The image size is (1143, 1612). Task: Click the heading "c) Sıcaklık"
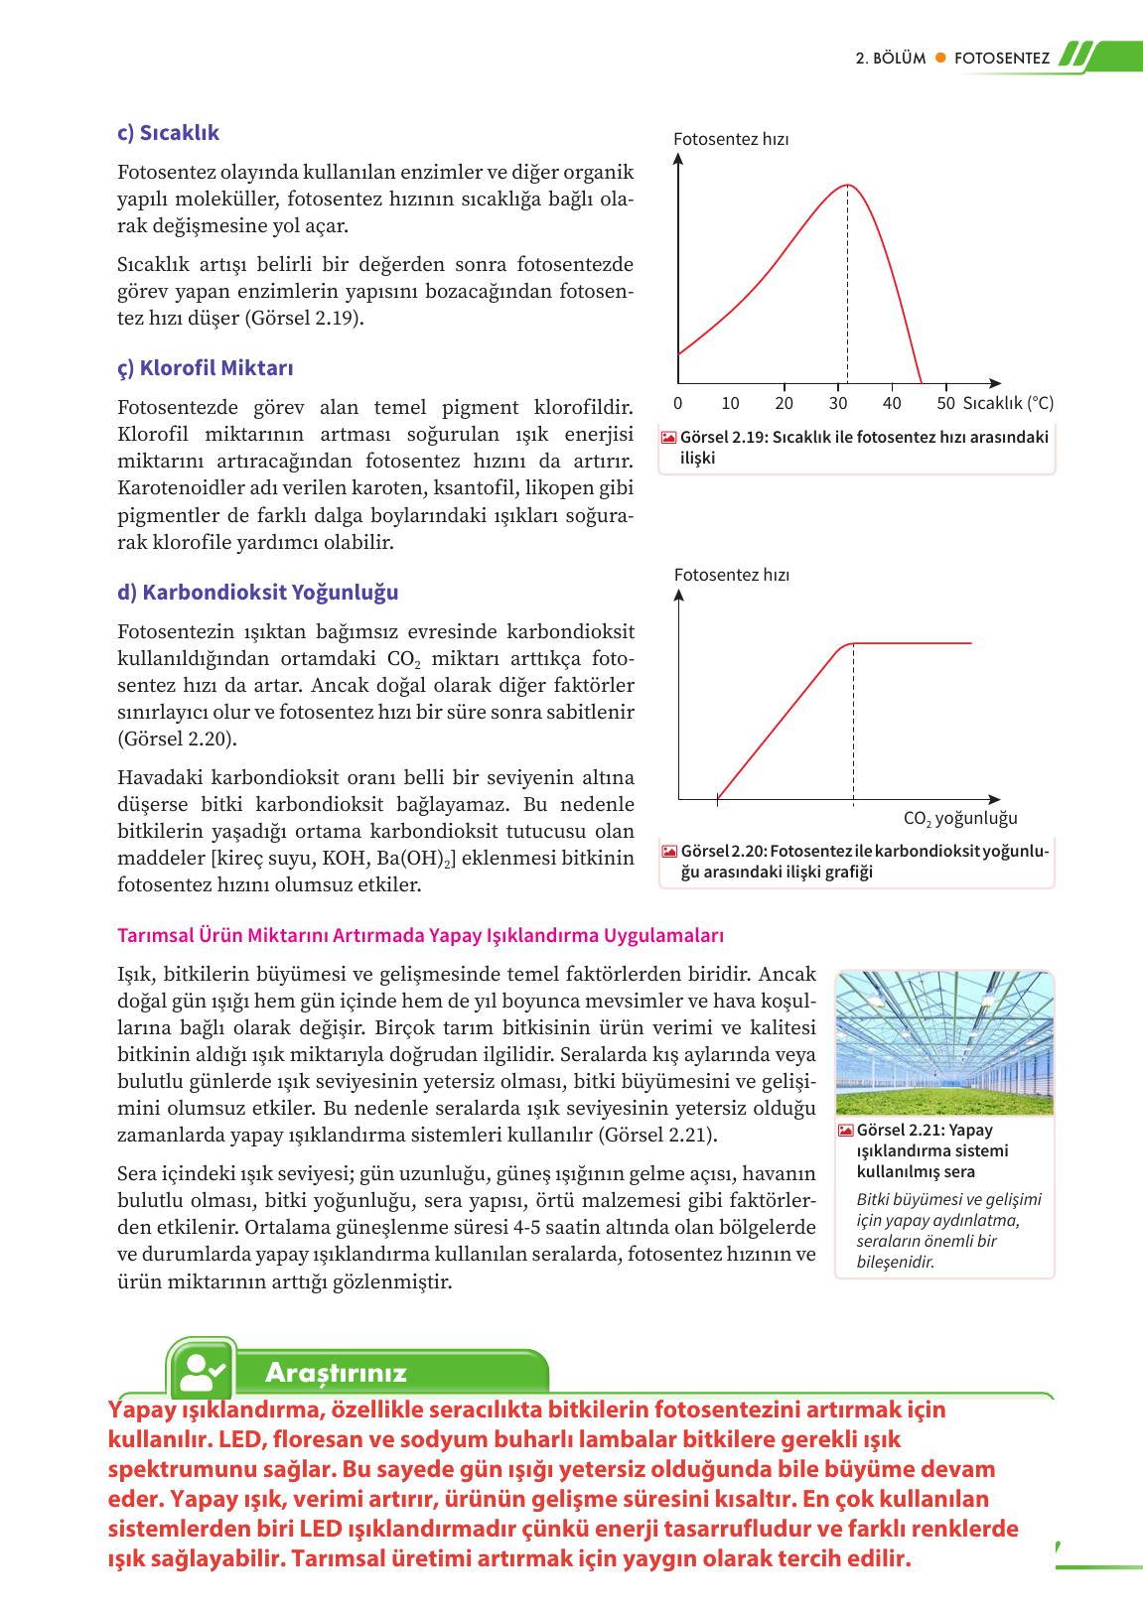pyautogui.click(x=168, y=133)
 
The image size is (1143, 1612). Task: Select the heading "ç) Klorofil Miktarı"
pyautogui.click(x=206, y=368)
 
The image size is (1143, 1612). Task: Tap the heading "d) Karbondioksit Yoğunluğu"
pyautogui.click(x=258, y=593)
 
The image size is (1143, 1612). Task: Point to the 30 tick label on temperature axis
pyautogui.click(x=838, y=404)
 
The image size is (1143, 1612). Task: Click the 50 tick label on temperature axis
pyautogui.click(x=945, y=404)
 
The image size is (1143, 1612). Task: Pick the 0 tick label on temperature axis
pyautogui.click(x=677, y=404)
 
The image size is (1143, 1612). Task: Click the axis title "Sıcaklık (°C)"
pyautogui.click(x=1009, y=404)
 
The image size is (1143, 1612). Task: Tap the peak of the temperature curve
pyautogui.click(x=847, y=185)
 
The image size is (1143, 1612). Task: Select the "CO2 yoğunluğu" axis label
pyautogui.click(x=960, y=819)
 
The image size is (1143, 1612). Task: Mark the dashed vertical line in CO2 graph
pyautogui.click(x=853, y=725)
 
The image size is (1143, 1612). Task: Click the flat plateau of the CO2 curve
pyautogui.click(x=914, y=644)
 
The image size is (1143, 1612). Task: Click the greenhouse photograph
pyautogui.click(x=944, y=1043)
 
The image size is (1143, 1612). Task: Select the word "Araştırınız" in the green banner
pyautogui.click(x=337, y=1373)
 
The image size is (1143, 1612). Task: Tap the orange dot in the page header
pyautogui.click(x=939, y=59)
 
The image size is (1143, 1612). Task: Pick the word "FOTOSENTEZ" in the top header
pyautogui.click(x=1001, y=59)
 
